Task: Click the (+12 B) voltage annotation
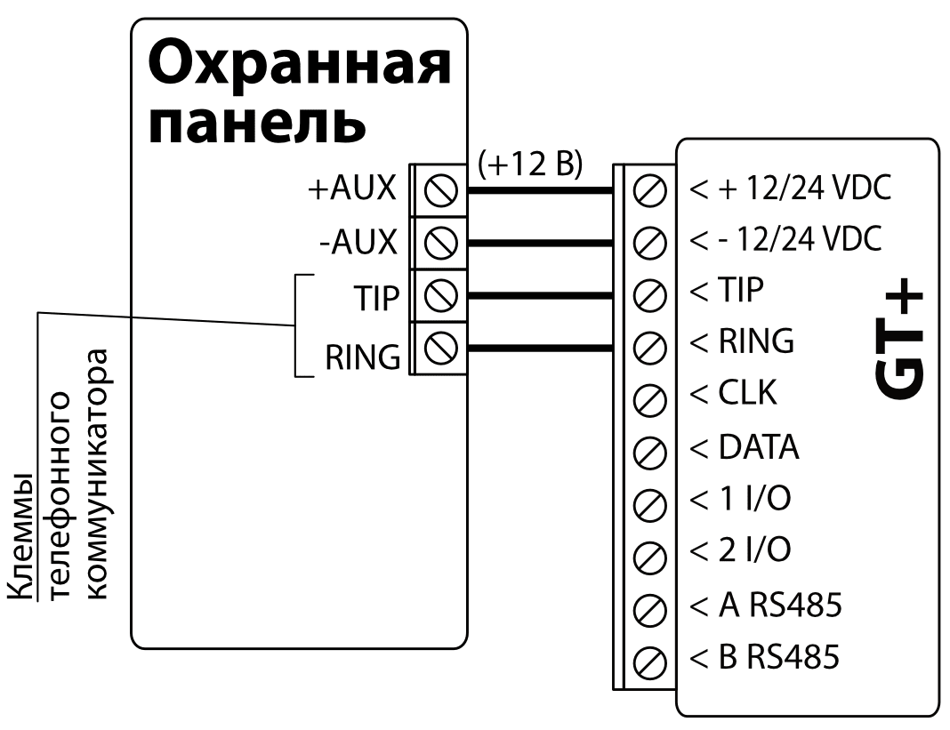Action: point(530,165)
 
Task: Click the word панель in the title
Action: point(256,125)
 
